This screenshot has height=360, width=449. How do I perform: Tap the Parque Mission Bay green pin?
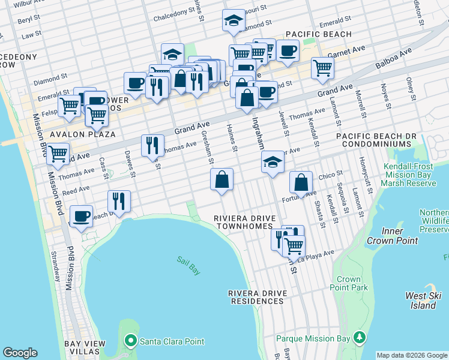pyautogui.click(x=360, y=338)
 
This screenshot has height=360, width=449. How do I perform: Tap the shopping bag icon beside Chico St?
pyautogui.click(x=301, y=182)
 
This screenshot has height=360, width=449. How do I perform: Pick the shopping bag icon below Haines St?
pyautogui.click(x=221, y=179)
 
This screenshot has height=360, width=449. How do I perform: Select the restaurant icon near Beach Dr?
pyautogui.click(x=119, y=201)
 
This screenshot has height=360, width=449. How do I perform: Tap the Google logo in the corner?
pyautogui.click(x=20, y=353)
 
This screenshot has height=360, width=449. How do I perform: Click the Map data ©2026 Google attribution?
pyautogui.click(x=412, y=355)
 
